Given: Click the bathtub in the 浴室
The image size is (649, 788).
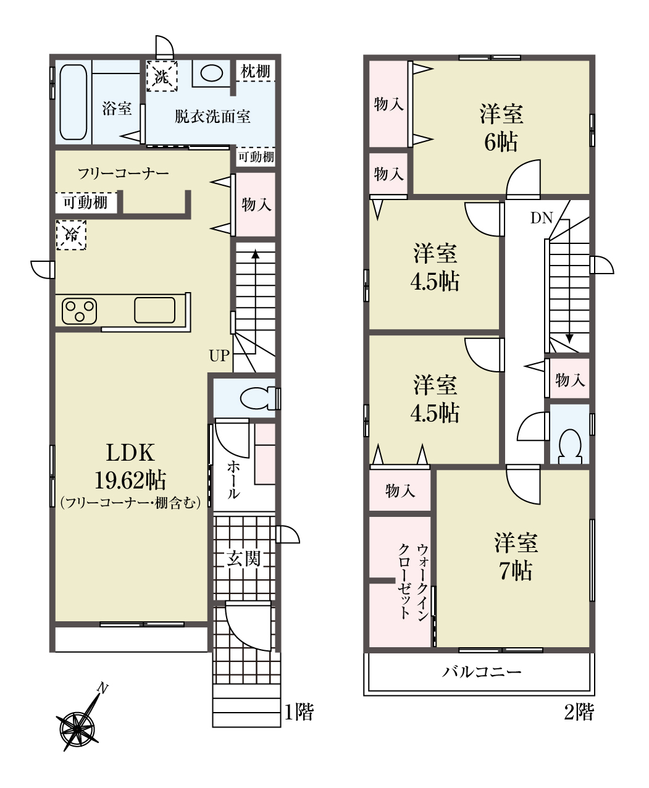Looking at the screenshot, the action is [x=73, y=103].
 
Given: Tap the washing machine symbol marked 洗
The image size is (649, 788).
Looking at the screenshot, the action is [x=162, y=76].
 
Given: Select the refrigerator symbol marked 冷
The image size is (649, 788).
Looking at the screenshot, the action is [x=71, y=235].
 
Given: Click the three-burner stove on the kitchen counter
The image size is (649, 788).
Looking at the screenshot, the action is [x=79, y=311].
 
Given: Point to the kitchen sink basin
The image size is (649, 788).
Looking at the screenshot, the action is [x=155, y=310].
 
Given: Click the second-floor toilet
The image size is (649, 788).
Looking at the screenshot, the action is [x=570, y=446].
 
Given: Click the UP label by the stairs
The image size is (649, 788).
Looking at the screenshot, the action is [x=219, y=356].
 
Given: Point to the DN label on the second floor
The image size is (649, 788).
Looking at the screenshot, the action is [x=542, y=218].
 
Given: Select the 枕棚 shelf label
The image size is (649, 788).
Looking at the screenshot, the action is [x=256, y=71].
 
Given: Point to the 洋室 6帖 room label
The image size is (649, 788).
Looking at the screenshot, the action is [x=501, y=128].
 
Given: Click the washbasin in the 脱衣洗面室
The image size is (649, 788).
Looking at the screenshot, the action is [x=211, y=73].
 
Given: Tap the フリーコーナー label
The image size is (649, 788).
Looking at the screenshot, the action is [x=124, y=174].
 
